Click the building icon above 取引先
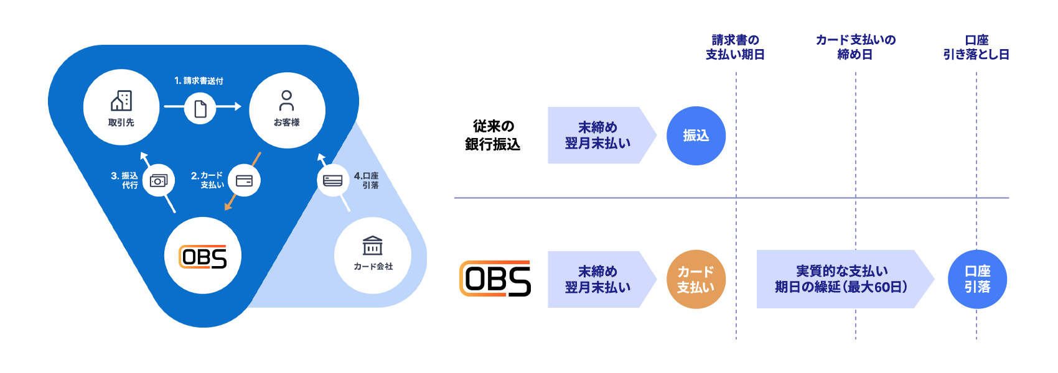[121, 101]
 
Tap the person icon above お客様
[287, 100]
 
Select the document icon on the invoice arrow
[200, 109]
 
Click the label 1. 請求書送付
[199, 81]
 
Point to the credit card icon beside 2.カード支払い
[244, 181]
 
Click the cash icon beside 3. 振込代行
[159, 181]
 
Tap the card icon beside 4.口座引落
[333, 181]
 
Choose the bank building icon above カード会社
[373, 246]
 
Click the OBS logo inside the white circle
[203, 256]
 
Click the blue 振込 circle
[696, 136]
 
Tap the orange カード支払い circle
[696, 280]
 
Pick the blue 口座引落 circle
[977, 279]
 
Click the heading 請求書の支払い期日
[735, 47]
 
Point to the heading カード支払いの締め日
[856, 47]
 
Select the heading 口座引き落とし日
[976, 47]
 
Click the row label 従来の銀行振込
[493, 136]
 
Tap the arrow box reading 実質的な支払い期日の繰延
[841, 279]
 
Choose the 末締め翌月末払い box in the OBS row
[597, 279]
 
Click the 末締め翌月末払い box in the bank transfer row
[597, 136]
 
